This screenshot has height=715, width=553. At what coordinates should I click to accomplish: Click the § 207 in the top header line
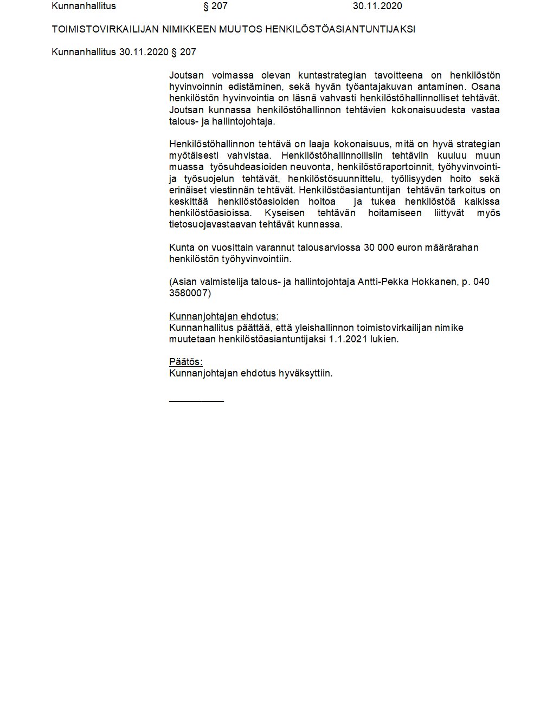click(215, 6)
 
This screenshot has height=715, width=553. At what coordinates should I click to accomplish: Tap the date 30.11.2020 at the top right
click(377, 6)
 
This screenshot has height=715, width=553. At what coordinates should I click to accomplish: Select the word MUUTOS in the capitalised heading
click(240, 29)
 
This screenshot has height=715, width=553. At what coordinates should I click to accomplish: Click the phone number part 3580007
click(190, 293)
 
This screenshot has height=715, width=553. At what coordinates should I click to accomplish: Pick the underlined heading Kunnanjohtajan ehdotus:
click(224, 316)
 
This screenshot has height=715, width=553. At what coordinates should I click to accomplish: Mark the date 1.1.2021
click(348, 339)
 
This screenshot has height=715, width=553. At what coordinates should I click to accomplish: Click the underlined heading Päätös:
click(185, 362)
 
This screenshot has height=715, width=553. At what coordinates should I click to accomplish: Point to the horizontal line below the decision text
click(196, 401)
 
